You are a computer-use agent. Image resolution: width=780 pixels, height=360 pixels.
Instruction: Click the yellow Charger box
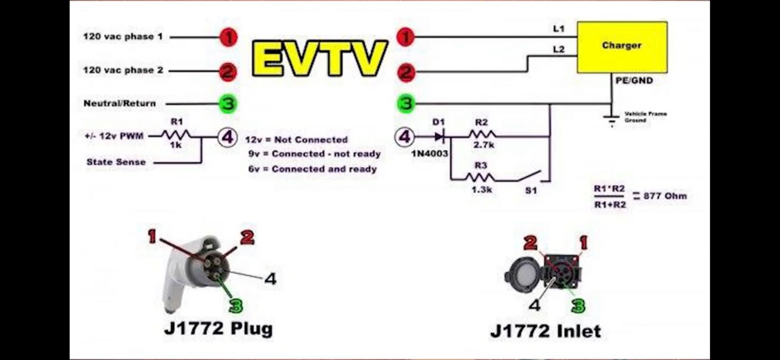click(622, 47)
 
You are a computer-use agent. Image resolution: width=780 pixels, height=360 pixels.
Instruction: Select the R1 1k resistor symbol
click(176, 135)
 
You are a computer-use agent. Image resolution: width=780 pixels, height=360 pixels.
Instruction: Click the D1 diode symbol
click(440, 137)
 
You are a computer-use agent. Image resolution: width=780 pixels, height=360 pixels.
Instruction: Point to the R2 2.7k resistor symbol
click(482, 134)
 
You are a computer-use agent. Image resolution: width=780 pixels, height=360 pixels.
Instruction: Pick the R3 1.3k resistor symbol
click(480, 177)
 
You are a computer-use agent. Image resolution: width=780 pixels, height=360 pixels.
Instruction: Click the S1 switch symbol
click(529, 176)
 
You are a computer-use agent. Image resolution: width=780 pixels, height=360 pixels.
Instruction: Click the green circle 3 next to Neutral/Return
click(228, 104)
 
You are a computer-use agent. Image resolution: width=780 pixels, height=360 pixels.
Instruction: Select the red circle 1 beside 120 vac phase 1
click(228, 38)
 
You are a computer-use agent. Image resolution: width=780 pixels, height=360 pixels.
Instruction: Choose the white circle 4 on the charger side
click(405, 137)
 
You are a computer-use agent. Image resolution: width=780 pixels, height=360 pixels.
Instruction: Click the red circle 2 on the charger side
click(405, 73)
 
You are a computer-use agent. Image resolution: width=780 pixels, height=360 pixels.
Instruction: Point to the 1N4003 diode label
click(429, 154)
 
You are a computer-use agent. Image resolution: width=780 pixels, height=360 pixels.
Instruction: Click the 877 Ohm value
click(665, 196)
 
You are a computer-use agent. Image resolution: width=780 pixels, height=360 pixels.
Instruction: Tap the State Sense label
click(116, 162)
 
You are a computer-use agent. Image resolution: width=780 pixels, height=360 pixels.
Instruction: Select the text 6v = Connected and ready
click(312, 169)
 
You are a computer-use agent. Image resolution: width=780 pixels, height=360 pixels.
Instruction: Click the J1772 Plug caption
click(218, 328)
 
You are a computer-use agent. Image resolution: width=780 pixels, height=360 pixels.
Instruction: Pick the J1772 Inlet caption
click(546, 331)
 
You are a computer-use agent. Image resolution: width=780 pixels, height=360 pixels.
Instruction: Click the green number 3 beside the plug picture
click(236, 306)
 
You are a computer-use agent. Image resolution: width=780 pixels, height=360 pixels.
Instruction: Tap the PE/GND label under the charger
click(634, 80)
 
